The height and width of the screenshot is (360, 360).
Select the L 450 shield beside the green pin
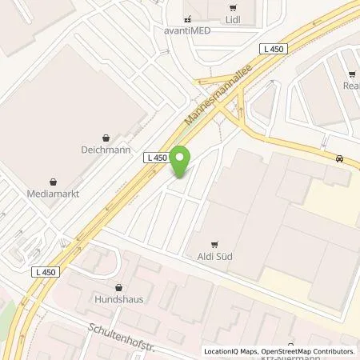point(157,158)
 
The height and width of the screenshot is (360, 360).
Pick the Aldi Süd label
point(214,258)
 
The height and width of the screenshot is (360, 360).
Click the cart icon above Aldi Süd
point(214,244)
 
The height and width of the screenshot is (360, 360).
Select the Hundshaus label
point(118,302)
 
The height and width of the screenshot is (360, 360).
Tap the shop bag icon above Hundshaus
point(118,288)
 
